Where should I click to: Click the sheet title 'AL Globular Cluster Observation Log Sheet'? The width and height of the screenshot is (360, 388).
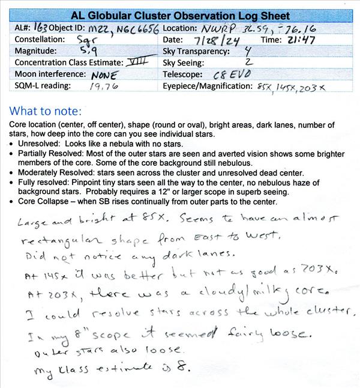click(x=180, y=16)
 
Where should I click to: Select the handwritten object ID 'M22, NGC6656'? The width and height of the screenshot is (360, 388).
click(x=123, y=29)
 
